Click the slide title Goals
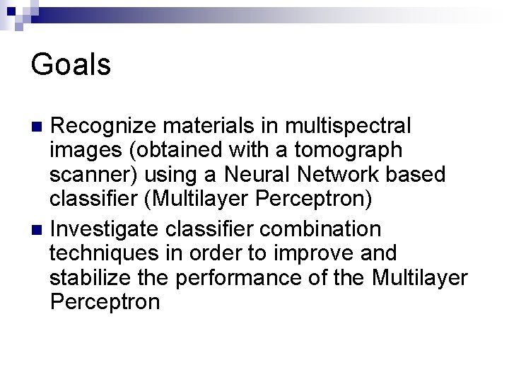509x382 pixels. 71,65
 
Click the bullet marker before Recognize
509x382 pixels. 40,127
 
